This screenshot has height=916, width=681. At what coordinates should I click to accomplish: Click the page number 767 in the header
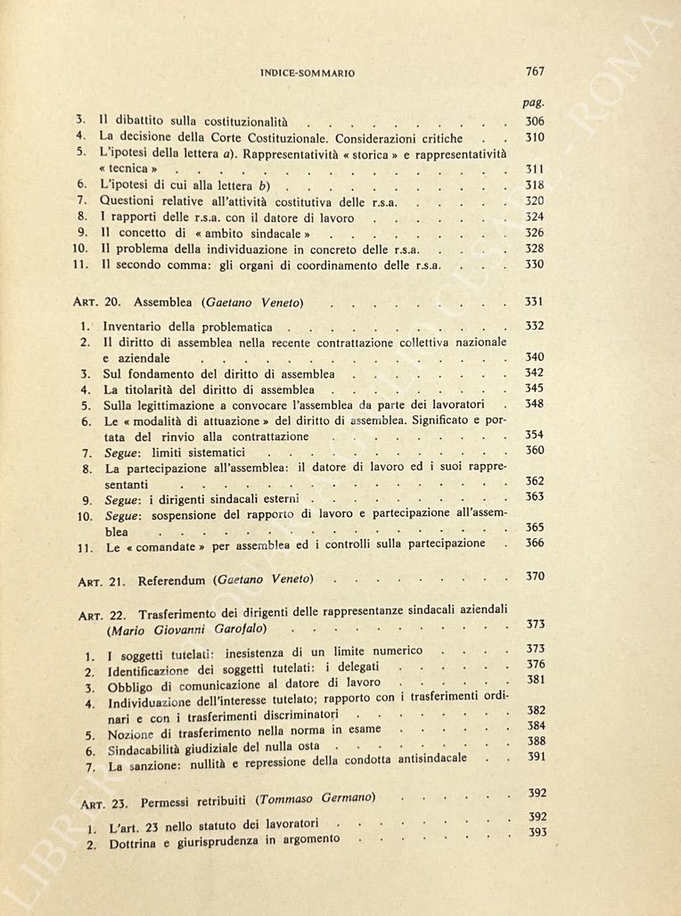pyautogui.click(x=535, y=71)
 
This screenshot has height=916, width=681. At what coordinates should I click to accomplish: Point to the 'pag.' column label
pyautogui.click(x=533, y=103)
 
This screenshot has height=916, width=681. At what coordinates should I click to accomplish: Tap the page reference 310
pyautogui.click(x=535, y=137)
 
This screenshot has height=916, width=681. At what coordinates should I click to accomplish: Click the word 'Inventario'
pyautogui.click(x=133, y=327)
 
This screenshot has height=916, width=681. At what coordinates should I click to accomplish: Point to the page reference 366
pyautogui.click(x=535, y=543)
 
